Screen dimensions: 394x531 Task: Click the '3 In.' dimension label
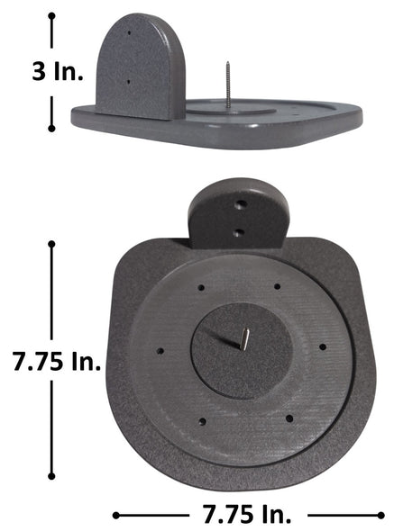(58, 72)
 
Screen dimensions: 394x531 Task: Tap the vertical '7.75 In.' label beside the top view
(57, 362)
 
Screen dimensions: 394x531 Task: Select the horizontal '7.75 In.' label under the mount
(247, 514)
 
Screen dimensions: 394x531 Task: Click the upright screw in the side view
(228, 85)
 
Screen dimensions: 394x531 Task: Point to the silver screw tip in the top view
(245, 339)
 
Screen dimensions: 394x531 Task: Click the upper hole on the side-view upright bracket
(129, 33)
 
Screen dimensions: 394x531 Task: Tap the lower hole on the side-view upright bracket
(128, 82)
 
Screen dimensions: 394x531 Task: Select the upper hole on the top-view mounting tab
(242, 204)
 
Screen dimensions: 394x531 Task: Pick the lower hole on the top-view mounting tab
(240, 233)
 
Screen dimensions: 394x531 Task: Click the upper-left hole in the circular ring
(201, 288)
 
